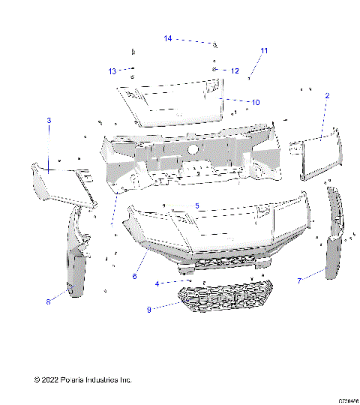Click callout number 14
click(168, 37)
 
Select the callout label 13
click(112, 71)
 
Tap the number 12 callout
click(235, 71)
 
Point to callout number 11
click(263, 51)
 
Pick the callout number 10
click(256, 102)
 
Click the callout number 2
click(326, 96)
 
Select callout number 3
click(49, 120)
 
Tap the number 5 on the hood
click(197, 205)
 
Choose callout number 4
click(157, 283)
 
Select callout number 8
click(49, 301)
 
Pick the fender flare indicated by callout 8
click(76, 262)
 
